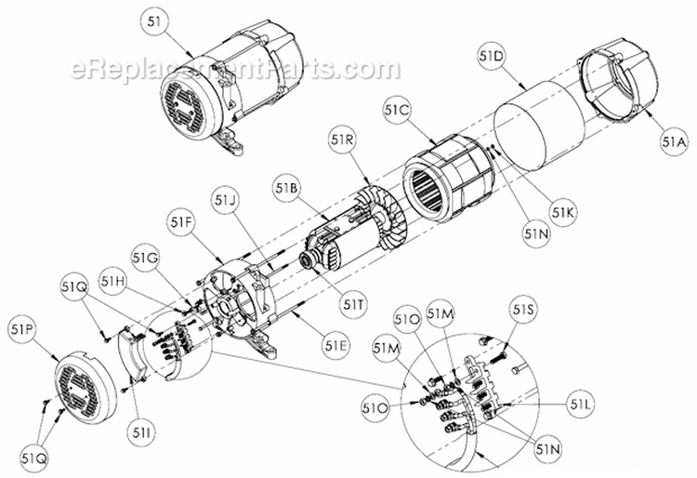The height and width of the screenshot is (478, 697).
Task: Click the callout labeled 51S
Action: (x=524, y=309)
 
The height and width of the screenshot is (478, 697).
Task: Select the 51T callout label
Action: (x=352, y=301)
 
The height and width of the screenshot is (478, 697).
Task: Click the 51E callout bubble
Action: (x=337, y=346)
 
